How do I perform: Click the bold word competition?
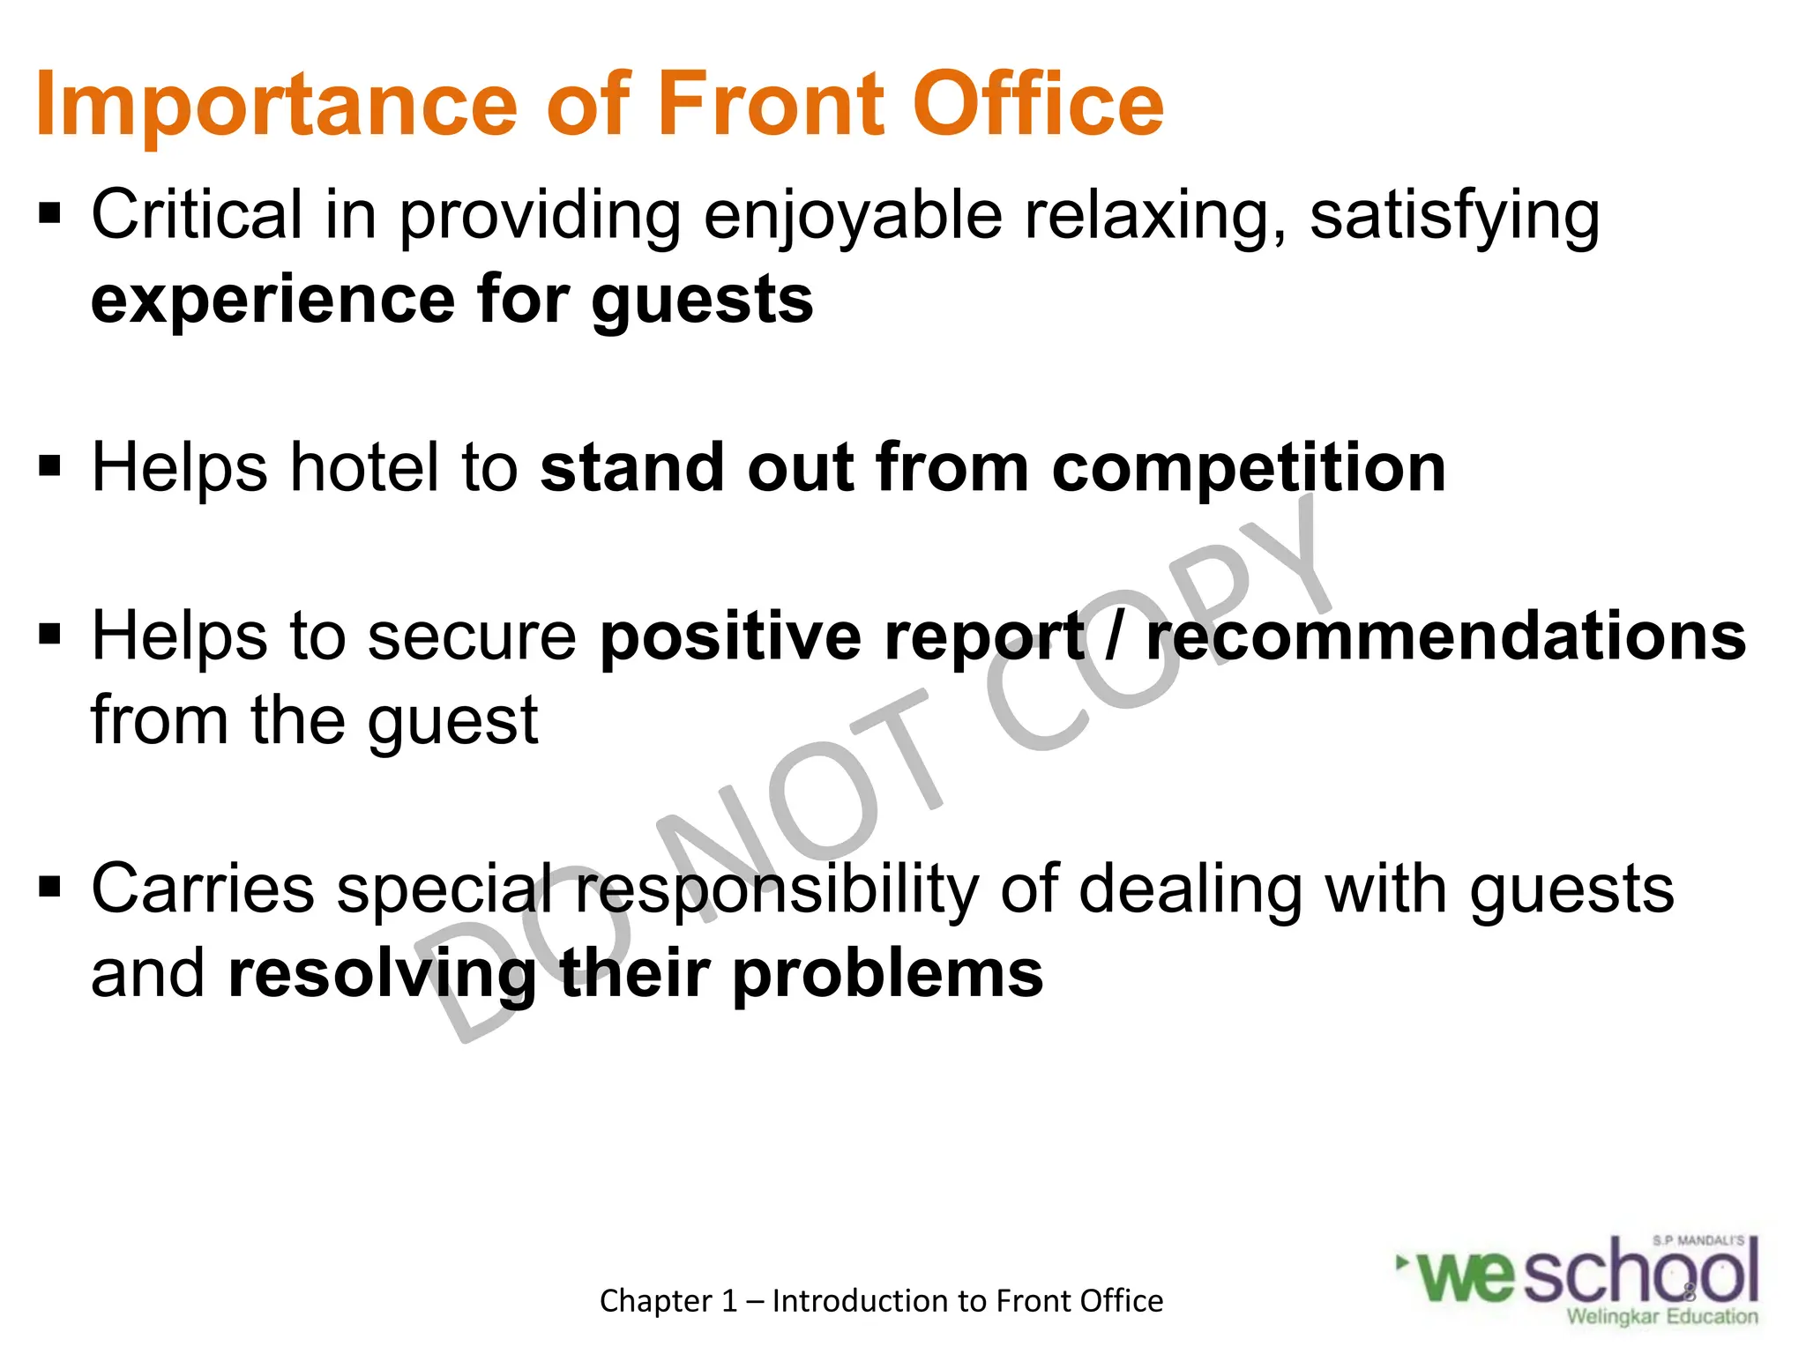click(x=1249, y=468)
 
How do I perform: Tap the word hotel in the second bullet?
click(x=365, y=466)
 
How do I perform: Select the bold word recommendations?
click(x=1445, y=636)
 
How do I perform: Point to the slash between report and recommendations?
click(x=1115, y=636)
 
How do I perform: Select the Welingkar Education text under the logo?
click(x=1662, y=1317)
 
